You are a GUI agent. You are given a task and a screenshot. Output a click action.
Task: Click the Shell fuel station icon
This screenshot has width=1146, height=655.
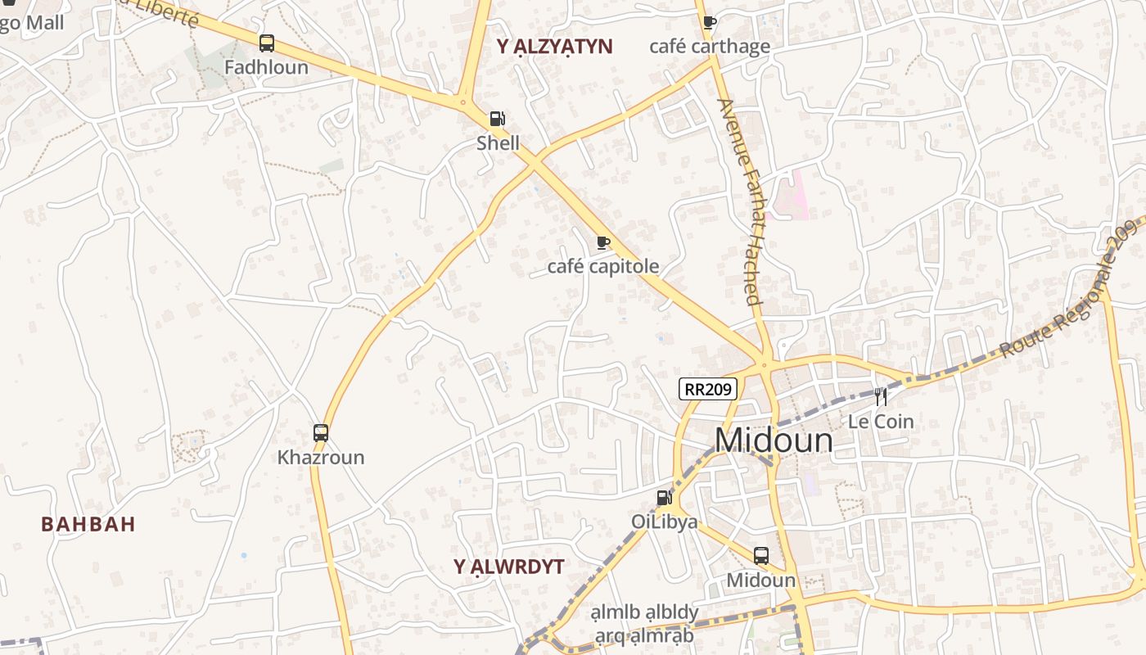click(x=497, y=119)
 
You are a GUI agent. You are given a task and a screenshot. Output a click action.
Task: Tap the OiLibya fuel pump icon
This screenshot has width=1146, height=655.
click(x=664, y=497)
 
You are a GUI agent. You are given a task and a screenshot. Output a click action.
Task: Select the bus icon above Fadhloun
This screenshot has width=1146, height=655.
click(x=266, y=43)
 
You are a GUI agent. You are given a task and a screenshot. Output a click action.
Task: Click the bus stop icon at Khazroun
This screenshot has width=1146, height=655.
click(x=321, y=433)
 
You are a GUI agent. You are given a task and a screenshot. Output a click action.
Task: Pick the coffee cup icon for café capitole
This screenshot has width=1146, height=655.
click(x=603, y=242)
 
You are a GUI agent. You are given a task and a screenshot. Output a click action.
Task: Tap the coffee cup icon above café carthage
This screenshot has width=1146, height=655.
click(x=709, y=22)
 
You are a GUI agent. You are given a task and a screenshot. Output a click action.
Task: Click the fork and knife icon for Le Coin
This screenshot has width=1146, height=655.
click(x=881, y=397)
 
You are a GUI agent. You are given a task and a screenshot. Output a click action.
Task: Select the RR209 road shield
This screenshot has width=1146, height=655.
click(x=708, y=389)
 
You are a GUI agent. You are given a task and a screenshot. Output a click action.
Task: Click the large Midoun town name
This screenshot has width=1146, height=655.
click(x=774, y=440)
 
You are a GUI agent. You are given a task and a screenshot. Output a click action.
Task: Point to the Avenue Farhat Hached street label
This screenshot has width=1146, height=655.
click(x=739, y=201)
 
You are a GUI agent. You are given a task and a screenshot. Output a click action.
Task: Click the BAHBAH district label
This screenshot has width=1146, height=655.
click(x=88, y=525)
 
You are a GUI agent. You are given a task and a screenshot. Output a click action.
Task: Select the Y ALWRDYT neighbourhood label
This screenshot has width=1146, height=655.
click(x=509, y=567)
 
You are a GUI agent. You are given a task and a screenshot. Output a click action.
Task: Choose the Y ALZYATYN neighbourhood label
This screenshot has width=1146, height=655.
click(x=554, y=47)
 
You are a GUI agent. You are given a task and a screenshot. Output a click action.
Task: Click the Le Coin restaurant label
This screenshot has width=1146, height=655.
click(x=881, y=422)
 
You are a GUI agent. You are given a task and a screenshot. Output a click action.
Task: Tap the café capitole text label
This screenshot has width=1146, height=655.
click(x=603, y=267)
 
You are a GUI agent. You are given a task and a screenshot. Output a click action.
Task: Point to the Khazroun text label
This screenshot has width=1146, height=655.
click(x=321, y=458)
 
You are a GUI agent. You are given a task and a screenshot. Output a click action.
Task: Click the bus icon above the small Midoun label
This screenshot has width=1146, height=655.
click(x=761, y=556)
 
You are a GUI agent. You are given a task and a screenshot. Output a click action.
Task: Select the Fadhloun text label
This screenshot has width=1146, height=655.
click(x=266, y=67)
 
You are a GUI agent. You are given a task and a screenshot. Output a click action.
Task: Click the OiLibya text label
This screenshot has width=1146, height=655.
click(x=664, y=522)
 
